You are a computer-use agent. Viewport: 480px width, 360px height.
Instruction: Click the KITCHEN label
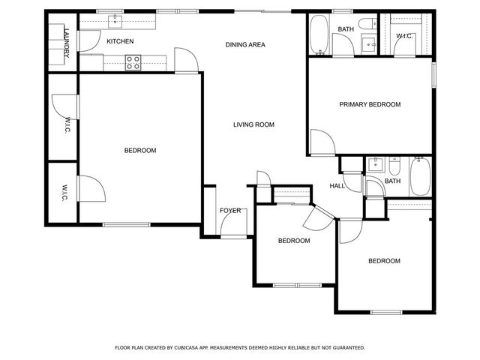pyautogui.click(x=120, y=41)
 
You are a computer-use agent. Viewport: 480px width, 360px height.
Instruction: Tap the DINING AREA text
pyautogui.click(x=245, y=45)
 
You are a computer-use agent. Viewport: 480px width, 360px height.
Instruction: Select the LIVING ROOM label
pyautogui.click(x=253, y=124)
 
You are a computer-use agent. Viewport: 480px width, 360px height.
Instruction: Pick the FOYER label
pyautogui.click(x=230, y=211)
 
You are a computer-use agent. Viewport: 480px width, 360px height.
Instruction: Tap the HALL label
pyautogui.click(x=337, y=186)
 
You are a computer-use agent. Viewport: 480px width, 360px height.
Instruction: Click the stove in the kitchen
pyautogui.click(x=133, y=64)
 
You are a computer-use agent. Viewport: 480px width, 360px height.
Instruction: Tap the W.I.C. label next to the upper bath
pyautogui.click(x=404, y=36)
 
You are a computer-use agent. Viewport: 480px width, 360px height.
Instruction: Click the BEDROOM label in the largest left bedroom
pyautogui.click(x=140, y=151)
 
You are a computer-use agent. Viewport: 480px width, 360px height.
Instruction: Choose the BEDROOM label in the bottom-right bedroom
pyautogui.click(x=383, y=261)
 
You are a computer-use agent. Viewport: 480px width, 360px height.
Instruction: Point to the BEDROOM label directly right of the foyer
pyautogui.click(x=294, y=241)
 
